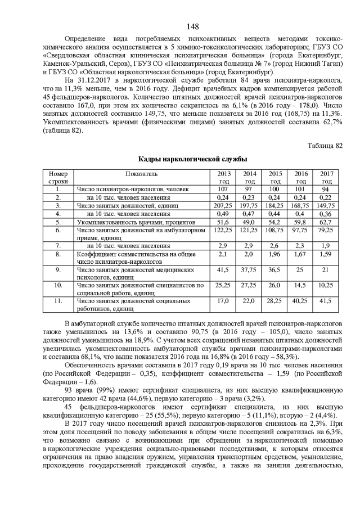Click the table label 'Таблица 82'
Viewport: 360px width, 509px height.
325,146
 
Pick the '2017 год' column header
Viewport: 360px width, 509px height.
326,178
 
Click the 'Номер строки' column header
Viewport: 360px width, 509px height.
58,178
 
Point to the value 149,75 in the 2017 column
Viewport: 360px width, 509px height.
326,206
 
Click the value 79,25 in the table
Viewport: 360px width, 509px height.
326,230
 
